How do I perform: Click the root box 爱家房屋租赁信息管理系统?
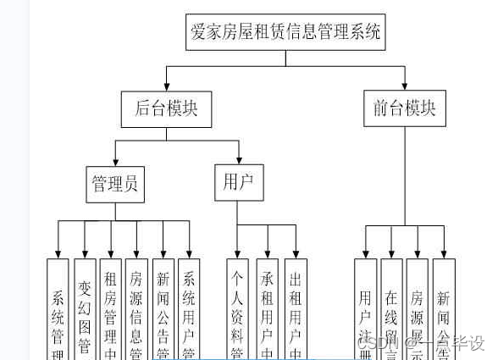(285, 33)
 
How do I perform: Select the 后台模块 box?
(166, 108)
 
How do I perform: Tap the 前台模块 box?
(404, 108)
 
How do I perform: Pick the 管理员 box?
(115, 184)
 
